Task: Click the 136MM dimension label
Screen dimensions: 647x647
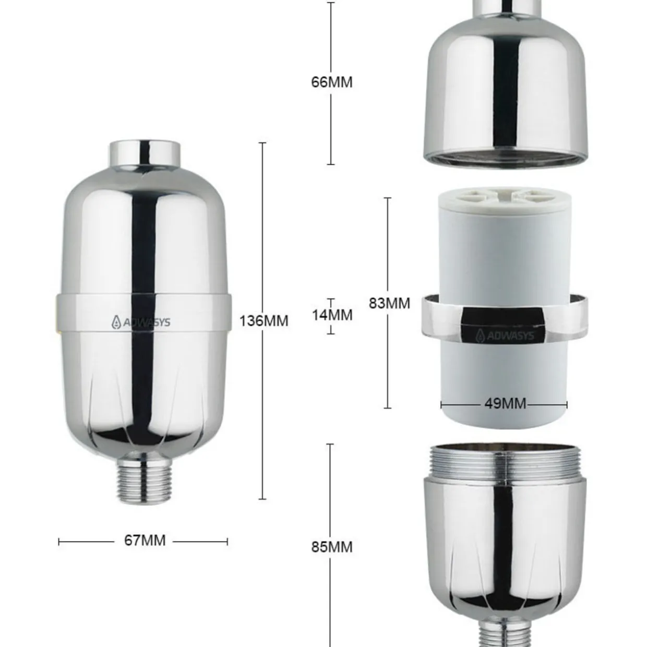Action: [x=263, y=321]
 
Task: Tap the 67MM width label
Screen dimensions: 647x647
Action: [x=145, y=540]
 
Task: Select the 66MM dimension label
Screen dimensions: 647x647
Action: [x=332, y=82]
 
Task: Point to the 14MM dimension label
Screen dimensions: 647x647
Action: [x=332, y=315]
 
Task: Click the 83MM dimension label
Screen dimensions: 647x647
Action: [x=389, y=303]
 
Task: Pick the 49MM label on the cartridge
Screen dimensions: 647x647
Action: [x=505, y=403]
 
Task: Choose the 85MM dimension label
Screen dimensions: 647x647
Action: [x=332, y=547]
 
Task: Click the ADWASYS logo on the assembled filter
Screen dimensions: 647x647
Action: [x=141, y=322]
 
